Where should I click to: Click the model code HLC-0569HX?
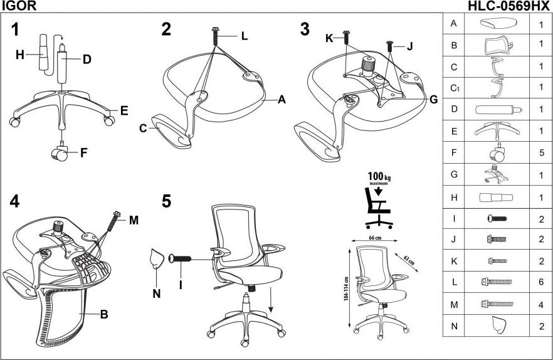coord(508,6)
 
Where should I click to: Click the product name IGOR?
coord(18,6)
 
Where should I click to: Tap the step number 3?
coord(305,29)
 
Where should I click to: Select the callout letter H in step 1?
coord(20,55)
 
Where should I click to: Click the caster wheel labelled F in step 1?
coord(60,152)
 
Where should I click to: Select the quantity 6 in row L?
coord(540,282)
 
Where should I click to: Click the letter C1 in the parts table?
coord(455,88)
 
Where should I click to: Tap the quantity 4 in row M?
coord(540,304)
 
